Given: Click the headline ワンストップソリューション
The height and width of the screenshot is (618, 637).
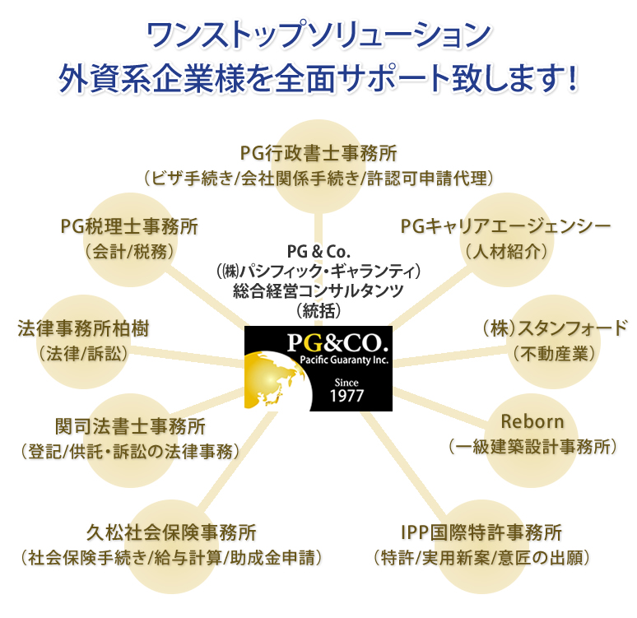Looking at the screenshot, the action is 318,35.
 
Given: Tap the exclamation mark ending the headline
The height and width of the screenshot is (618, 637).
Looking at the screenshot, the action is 573,78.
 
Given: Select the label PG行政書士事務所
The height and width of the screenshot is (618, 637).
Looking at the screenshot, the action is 318,153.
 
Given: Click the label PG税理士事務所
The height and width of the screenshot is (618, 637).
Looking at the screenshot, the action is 129,226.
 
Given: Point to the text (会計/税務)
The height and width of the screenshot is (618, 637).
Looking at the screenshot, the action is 129,252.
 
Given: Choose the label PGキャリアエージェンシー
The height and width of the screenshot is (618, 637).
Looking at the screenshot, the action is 506,226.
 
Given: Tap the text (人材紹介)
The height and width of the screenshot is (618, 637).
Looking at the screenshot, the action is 506,252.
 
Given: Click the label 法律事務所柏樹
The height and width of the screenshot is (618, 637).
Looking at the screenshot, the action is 83,328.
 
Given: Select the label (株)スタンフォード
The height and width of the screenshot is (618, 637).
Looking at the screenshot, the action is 555,328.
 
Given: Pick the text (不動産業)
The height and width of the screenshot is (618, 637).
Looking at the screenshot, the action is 554,354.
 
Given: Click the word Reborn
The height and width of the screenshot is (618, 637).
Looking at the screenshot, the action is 532,421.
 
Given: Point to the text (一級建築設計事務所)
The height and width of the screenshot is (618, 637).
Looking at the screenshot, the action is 532,447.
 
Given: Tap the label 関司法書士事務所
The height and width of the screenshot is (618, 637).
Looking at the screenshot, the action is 130,426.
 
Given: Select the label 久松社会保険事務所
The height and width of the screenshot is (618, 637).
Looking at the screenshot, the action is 171,532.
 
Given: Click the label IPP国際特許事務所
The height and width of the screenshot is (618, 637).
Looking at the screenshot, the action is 481,532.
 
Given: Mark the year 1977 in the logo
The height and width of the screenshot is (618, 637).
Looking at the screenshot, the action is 346,396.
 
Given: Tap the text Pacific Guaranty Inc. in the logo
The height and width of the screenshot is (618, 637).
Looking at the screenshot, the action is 344,360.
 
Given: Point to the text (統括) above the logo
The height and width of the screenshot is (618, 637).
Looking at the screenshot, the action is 318,311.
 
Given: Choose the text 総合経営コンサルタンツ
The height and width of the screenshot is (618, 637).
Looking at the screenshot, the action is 318,291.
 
